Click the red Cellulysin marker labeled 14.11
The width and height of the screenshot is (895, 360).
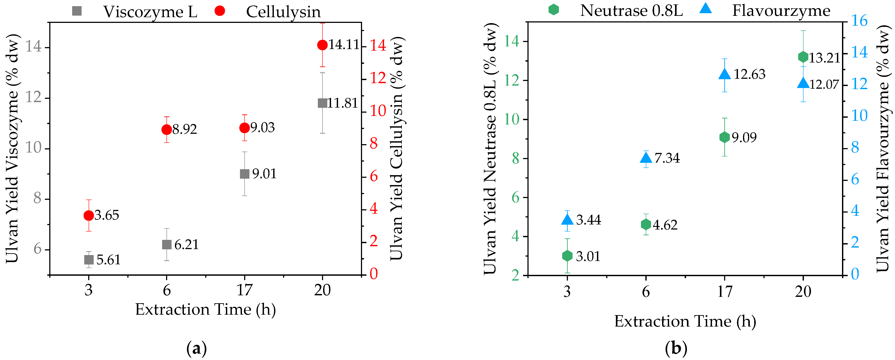tap(322, 45)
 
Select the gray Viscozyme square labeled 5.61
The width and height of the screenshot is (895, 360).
tap(89, 260)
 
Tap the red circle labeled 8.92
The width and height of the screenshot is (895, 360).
tap(167, 130)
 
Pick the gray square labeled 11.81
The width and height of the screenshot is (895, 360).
tap(322, 103)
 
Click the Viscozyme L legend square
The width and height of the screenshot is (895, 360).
tap(77, 11)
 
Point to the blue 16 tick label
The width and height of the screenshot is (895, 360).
tap(859, 21)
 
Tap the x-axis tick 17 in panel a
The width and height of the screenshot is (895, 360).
tap(245, 290)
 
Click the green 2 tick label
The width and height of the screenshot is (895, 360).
tap(516, 275)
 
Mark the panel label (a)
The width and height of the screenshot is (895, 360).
tap(197, 348)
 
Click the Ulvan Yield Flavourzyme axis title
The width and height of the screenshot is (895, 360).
tap(883, 148)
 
